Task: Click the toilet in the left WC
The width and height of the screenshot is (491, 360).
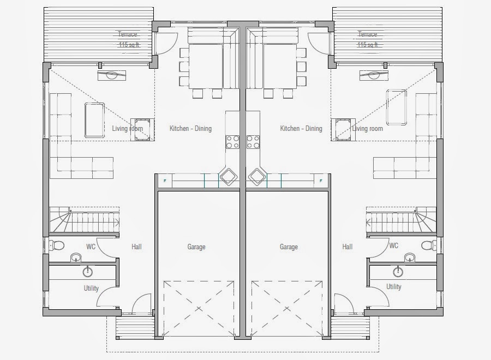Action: point(57,245)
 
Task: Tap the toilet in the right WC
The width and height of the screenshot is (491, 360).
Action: point(429,245)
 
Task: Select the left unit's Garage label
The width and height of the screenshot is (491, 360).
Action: point(196,247)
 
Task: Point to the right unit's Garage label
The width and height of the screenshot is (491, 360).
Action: point(289,247)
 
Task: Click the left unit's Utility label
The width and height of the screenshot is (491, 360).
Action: point(91,288)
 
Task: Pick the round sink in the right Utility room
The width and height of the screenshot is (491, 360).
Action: point(398,271)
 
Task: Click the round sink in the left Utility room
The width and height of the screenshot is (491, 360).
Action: point(88,272)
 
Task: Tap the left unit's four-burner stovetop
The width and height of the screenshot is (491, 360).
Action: point(232,141)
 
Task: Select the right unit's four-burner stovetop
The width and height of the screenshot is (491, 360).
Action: point(253,141)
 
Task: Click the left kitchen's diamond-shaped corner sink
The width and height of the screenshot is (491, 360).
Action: point(228,177)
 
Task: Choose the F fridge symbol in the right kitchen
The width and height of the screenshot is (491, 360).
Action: point(321,181)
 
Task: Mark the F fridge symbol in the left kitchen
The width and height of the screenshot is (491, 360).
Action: point(165,181)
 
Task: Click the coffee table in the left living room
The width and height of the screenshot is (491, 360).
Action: point(94,120)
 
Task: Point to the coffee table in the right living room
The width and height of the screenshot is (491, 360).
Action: point(397,107)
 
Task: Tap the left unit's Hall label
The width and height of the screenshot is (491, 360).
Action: point(136,247)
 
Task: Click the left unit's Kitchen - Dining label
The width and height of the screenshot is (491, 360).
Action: point(190,128)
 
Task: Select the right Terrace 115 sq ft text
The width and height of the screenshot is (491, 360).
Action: point(368,39)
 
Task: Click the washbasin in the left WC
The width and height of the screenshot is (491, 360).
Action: point(76,257)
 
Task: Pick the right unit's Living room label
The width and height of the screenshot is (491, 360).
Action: point(367,128)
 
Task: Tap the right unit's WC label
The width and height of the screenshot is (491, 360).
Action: point(393,245)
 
